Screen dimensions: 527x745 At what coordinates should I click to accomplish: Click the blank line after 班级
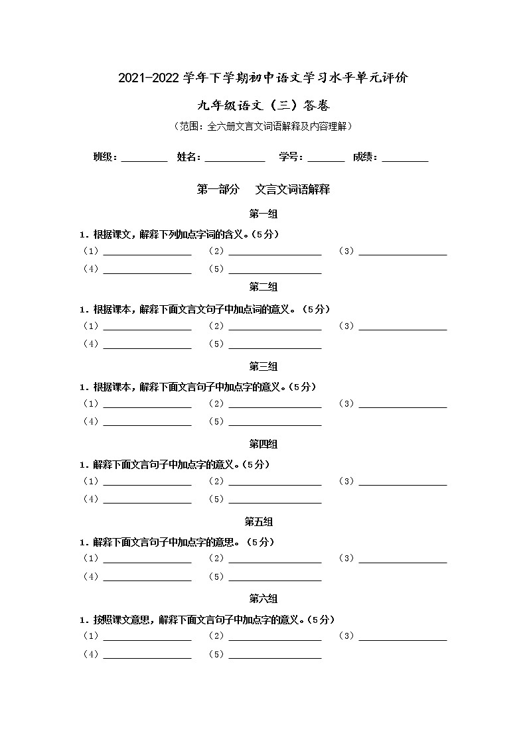(x=144, y=159)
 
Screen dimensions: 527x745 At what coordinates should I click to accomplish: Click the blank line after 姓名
(x=234, y=159)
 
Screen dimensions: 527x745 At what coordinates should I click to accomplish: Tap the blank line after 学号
(x=326, y=159)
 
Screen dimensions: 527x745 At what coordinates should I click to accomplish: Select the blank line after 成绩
(x=405, y=159)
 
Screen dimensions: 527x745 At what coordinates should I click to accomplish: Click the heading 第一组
(x=263, y=214)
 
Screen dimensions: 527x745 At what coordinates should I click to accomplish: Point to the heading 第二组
(x=263, y=287)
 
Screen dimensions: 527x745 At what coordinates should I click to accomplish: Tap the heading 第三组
(x=263, y=366)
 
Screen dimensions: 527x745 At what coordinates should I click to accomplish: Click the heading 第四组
(x=263, y=444)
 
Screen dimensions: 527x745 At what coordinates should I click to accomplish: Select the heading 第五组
(x=263, y=521)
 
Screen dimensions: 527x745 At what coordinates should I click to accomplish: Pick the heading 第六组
(x=263, y=598)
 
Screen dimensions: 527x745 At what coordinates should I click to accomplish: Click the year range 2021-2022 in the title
(x=149, y=78)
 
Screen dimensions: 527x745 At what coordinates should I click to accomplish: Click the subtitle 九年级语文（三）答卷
(x=263, y=105)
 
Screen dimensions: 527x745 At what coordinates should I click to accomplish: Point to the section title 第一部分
(x=218, y=189)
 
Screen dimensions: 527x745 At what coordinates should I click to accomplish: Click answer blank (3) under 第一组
(x=402, y=253)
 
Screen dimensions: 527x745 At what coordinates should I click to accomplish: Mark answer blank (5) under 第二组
(x=275, y=346)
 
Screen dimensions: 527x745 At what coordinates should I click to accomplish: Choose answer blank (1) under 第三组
(x=147, y=405)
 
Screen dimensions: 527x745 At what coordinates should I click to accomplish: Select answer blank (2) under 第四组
(x=275, y=483)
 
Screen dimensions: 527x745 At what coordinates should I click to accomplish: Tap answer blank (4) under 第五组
(x=147, y=578)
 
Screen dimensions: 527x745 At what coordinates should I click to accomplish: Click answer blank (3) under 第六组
(x=402, y=638)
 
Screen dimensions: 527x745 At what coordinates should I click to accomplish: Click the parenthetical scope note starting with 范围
(x=263, y=126)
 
